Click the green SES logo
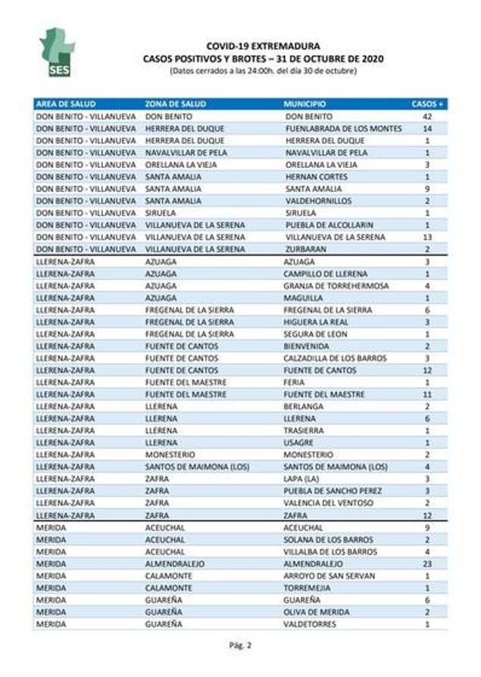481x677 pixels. tap(57, 52)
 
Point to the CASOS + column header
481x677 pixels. tap(427, 104)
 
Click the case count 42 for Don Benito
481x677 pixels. tap(427, 116)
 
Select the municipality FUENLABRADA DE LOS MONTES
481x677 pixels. tap(343, 129)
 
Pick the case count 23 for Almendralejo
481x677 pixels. tap(427, 564)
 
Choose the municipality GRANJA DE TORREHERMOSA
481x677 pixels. tap(336, 286)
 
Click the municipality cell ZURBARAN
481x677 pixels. tap(305, 249)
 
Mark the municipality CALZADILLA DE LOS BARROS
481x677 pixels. tap(335, 358)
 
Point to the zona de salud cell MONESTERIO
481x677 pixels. tap(170, 455)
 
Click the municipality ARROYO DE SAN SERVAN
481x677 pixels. tap(330, 576)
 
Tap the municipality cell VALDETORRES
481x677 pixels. tap(310, 624)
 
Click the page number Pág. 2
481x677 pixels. tap(239, 645)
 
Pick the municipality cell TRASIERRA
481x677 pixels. tap(304, 430)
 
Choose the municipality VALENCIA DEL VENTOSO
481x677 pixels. tap(328, 503)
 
